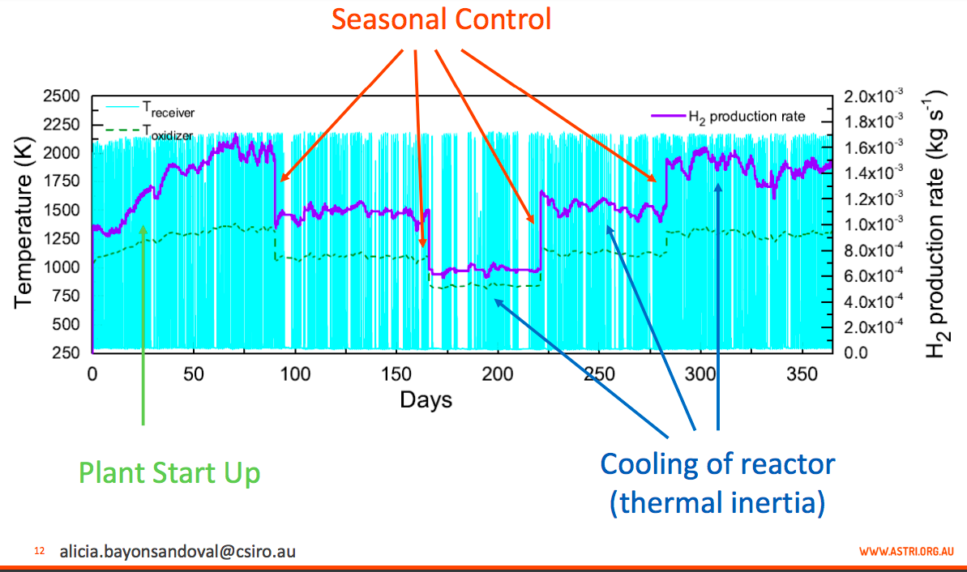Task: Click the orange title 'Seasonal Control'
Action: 441,19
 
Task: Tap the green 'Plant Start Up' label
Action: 169,473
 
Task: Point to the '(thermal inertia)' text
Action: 717,502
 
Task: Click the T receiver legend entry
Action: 151,109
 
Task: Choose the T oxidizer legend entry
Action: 150,131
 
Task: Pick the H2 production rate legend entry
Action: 729,117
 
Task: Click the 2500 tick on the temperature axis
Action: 62,96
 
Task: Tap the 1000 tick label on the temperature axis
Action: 62,267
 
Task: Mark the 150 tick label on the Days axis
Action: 396,374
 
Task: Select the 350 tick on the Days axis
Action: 802,374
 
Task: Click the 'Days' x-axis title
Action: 426,400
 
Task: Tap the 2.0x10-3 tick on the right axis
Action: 873,96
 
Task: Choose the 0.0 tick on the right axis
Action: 856,352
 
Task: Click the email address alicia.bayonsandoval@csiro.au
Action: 178,551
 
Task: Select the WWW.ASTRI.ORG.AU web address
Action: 906,551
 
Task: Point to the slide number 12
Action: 40,551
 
